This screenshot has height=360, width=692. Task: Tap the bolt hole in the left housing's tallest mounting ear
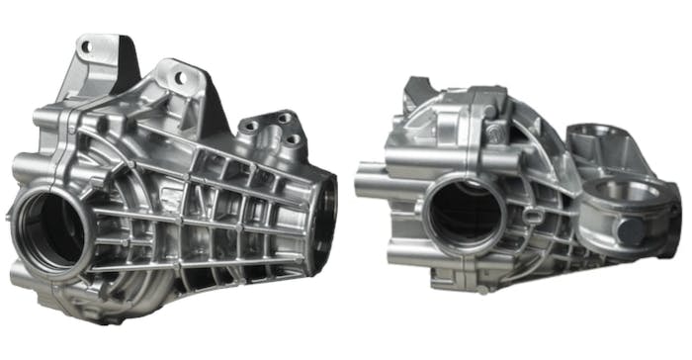pos(87,46)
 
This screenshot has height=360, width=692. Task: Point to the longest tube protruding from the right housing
pos(381,183)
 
